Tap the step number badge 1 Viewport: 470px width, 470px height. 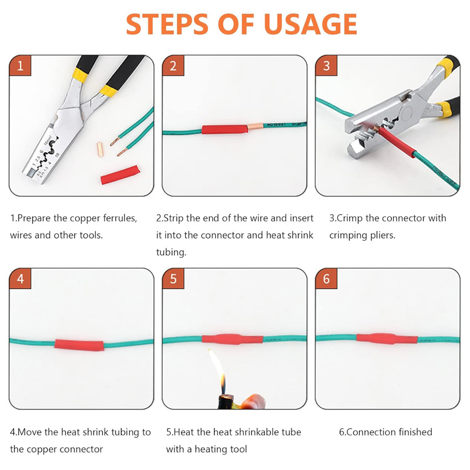point(20,66)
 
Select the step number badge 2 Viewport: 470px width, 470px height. point(173,66)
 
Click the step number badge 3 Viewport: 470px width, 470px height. point(326,66)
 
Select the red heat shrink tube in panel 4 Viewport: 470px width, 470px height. point(79,345)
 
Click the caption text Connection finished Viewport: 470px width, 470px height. point(385,432)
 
